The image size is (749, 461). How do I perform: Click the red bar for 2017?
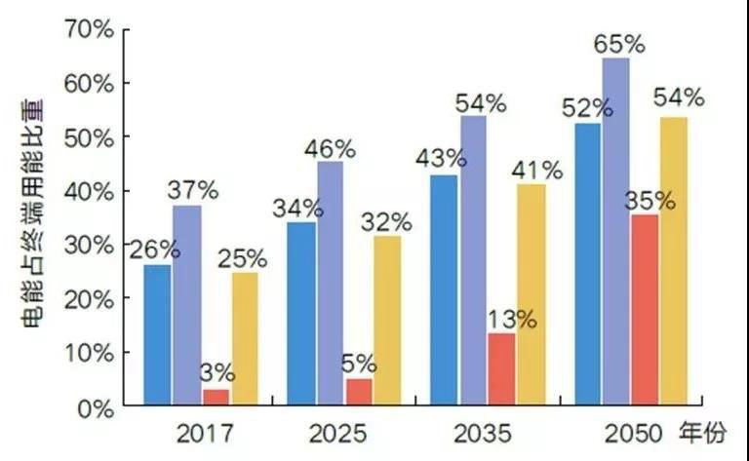pos(217,397)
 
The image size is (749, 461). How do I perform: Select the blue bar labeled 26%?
pos(158,334)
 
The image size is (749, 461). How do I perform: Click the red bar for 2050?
pos(645,309)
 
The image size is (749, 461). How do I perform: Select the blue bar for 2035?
pos(444,289)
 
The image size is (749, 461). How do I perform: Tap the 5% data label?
pos(359,365)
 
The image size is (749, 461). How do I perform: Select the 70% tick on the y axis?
pos(91,30)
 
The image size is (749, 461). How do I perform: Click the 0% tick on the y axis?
pos(97,409)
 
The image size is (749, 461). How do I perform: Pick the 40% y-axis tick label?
pos(91,192)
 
